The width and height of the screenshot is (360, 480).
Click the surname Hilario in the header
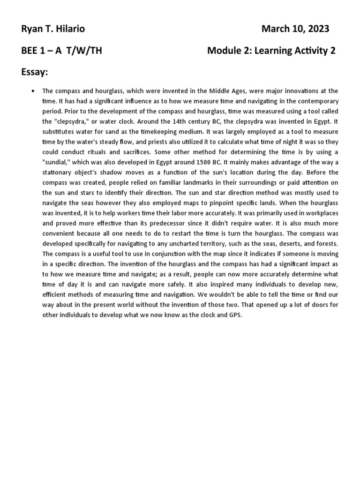[x=70, y=29]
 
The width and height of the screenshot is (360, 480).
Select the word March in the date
[x=275, y=29]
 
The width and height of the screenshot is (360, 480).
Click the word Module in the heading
[x=223, y=51]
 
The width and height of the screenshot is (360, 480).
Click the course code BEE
[x=30, y=51]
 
